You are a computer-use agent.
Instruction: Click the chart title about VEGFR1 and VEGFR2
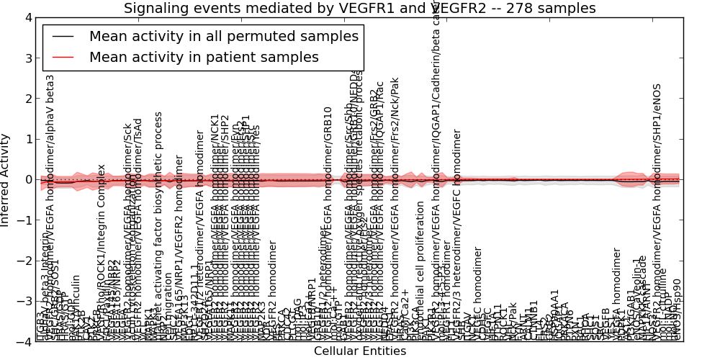(360, 9)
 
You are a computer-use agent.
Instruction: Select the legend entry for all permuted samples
(223, 37)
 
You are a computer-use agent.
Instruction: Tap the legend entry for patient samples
(204, 57)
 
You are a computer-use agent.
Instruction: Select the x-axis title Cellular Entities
(360, 351)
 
